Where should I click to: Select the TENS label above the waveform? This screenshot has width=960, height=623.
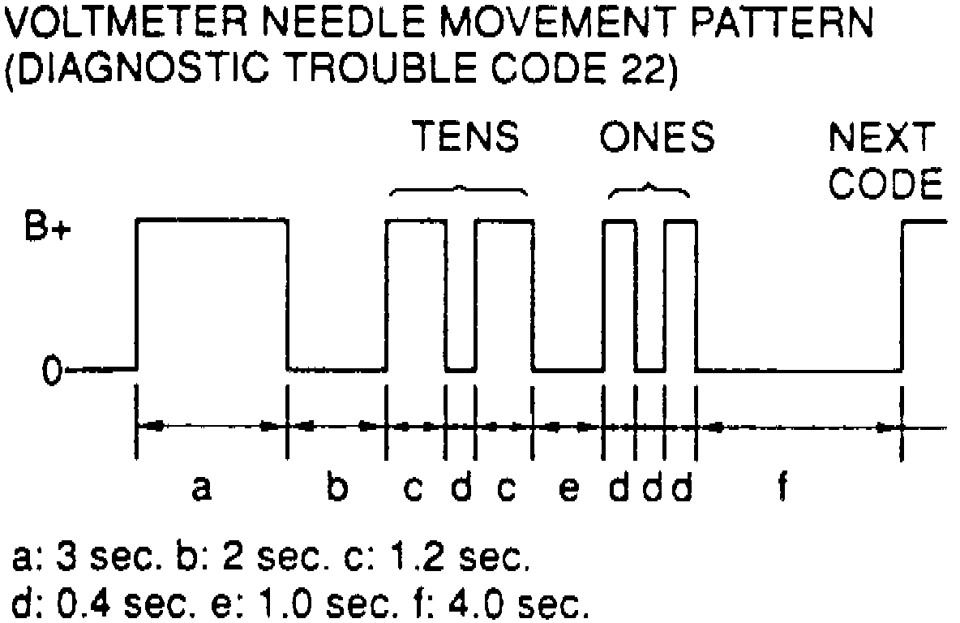(x=465, y=138)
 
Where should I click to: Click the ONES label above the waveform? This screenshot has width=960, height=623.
(x=657, y=138)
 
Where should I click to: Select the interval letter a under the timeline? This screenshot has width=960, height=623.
(x=202, y=488)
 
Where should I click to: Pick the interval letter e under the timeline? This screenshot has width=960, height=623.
(x=570, y=489)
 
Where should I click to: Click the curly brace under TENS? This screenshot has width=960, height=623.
(x=460, y=191)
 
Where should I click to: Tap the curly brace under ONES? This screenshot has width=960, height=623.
(x=649, y=191)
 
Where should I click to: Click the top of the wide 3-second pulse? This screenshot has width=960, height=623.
(x=212, y=219)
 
